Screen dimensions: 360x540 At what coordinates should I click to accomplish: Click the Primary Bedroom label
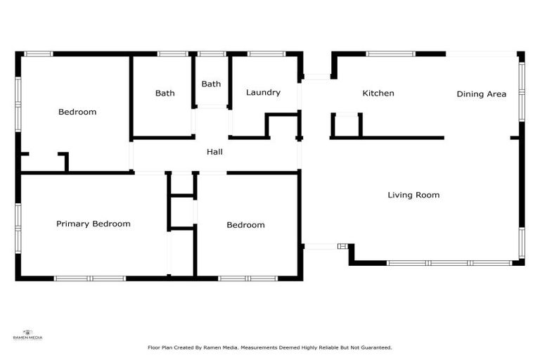pyautogui.click(x=94, y=224)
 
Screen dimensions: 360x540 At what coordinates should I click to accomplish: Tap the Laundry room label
pyautogui.click(x=263, y=92)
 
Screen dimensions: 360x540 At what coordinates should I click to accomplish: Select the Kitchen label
pyautogui.click(x=378, y=93)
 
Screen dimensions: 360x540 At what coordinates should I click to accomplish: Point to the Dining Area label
pyautogui.click(x=481, y=94)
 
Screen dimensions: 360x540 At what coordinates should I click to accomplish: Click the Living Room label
pyautogui.click(x=413, y=195)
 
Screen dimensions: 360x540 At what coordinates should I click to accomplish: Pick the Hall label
pyautogui.click(x=214, y=151)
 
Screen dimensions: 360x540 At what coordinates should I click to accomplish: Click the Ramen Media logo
pyautogui.click(x=28, y=335)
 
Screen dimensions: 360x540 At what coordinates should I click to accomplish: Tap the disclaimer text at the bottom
pyautogui.click(x=269, y=347)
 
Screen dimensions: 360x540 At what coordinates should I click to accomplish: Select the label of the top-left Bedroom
pyautogui.click(x=77, y=111)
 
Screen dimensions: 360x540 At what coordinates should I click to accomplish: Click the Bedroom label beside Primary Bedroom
pyautogui.click(x=245, y=225)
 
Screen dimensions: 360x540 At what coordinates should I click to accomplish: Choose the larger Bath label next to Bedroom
pyautogui.click(x=165, y=93)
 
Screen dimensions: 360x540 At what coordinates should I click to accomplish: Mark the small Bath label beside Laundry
pyautogui.click(x=211, y=84)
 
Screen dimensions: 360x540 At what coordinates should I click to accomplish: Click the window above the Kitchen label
pyautogui.click(x=390, y=53)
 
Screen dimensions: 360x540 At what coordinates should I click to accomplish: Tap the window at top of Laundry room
pyautogui.click(x=266, y=53)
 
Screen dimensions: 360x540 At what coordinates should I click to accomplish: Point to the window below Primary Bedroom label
pyautogui.click(x=90, y=278)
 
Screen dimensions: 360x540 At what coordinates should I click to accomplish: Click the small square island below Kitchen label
pyautogui.click(x=347, y=124)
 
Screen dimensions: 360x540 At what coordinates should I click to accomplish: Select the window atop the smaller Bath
pyautogui.click(x=211, y=53)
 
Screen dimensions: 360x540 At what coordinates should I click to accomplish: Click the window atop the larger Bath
pyautogui.click(x=172, y=53)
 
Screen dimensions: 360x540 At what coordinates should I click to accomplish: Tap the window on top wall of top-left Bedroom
pyautogui.click(x=39, y=53)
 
